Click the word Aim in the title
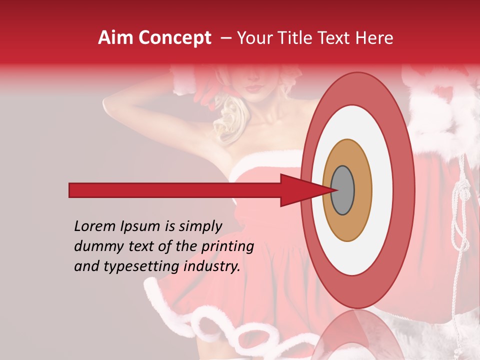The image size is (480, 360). [x=116, y=38]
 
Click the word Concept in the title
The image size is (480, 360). [x=174, y=38]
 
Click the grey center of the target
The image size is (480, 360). [x=343, y=190]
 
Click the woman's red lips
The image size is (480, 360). [x=255, y=88]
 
